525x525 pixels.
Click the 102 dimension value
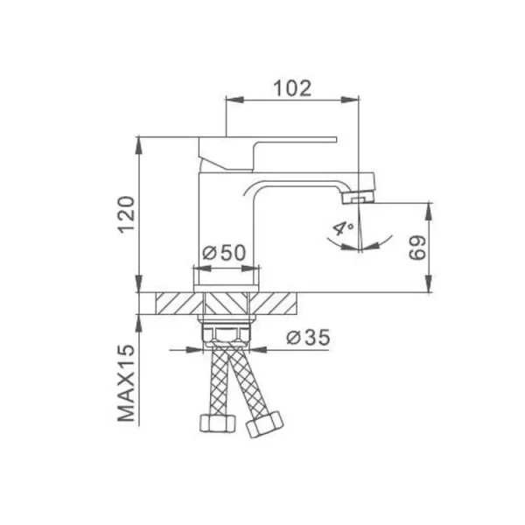[292, 87]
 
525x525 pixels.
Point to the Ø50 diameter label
[224, 253]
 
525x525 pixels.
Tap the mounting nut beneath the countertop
[227, 333]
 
